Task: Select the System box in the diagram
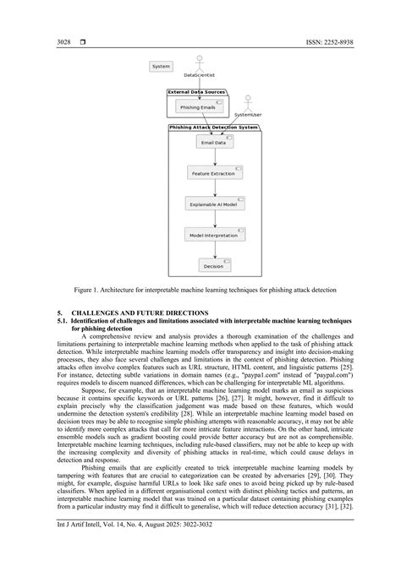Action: tap(161, 67)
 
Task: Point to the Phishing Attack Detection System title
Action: tap(213, 127)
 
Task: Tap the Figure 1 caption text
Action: tap(200, 290)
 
